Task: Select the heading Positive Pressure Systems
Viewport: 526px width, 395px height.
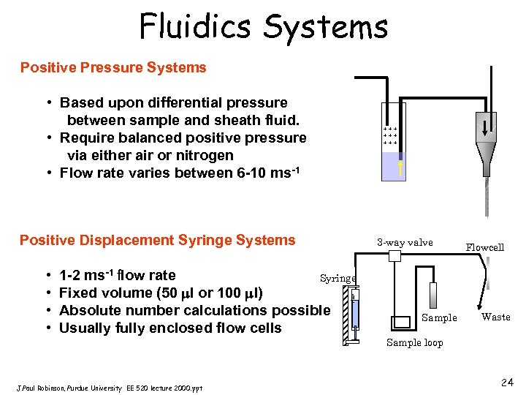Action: point(113,68)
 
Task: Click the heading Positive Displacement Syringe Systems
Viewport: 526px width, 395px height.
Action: point(157,241)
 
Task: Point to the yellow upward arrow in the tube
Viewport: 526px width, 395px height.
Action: point(400,168)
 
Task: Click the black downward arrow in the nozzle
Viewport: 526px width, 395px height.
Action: point(486,121)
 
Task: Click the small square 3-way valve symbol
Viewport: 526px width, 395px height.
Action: point(395,256)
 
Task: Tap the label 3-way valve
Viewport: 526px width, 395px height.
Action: point(405,242)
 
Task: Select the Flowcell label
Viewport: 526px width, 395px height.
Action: point(485,247)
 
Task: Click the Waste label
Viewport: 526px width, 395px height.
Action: point(495,317)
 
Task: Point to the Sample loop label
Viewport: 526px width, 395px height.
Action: point(414,342)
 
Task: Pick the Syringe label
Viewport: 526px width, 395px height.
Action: point(338,278)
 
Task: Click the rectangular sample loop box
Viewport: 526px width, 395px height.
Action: point(403,321)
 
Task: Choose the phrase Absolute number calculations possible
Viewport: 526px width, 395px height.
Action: point(194,310)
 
